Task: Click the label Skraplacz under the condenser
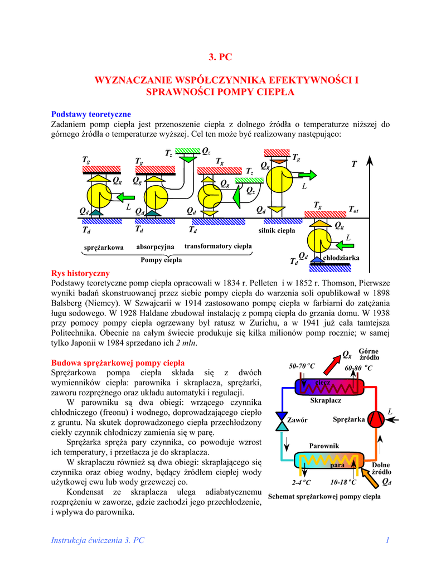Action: coord(325,400)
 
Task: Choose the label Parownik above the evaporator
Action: coord(324,445)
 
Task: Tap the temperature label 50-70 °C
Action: coord(302,366)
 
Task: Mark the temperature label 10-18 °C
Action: coord(343,482)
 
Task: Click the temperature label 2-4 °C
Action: coord(302,482)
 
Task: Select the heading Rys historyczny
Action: coord(80,274)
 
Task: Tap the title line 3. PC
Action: coord(220,57)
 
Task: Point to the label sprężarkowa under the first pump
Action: coord(103,248)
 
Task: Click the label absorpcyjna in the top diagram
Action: coord(155,246)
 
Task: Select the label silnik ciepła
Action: coord(277,230)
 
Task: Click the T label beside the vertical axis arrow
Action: coord(353,164)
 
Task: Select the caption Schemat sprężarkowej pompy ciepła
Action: coord(324,496)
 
